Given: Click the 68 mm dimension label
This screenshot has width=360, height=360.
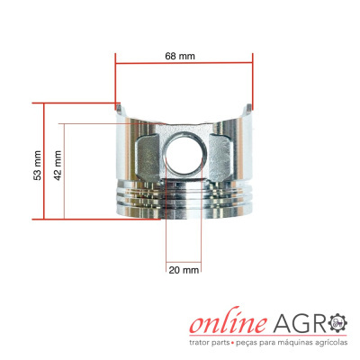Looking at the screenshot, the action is tap(180, 56).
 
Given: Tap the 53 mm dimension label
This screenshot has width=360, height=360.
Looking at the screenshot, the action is tap(38, 166).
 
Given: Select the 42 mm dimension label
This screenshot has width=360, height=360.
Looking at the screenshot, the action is tap(58, 166).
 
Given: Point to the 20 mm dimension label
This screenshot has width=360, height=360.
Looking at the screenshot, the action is tap(184, 270).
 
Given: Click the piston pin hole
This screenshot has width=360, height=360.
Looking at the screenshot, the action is tap(186, 153).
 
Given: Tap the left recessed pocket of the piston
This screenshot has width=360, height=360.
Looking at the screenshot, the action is tap(148, 157).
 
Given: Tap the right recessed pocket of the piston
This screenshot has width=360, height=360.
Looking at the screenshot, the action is tap(220, 157).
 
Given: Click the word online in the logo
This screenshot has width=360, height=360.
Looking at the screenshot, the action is tap(229, 320).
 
